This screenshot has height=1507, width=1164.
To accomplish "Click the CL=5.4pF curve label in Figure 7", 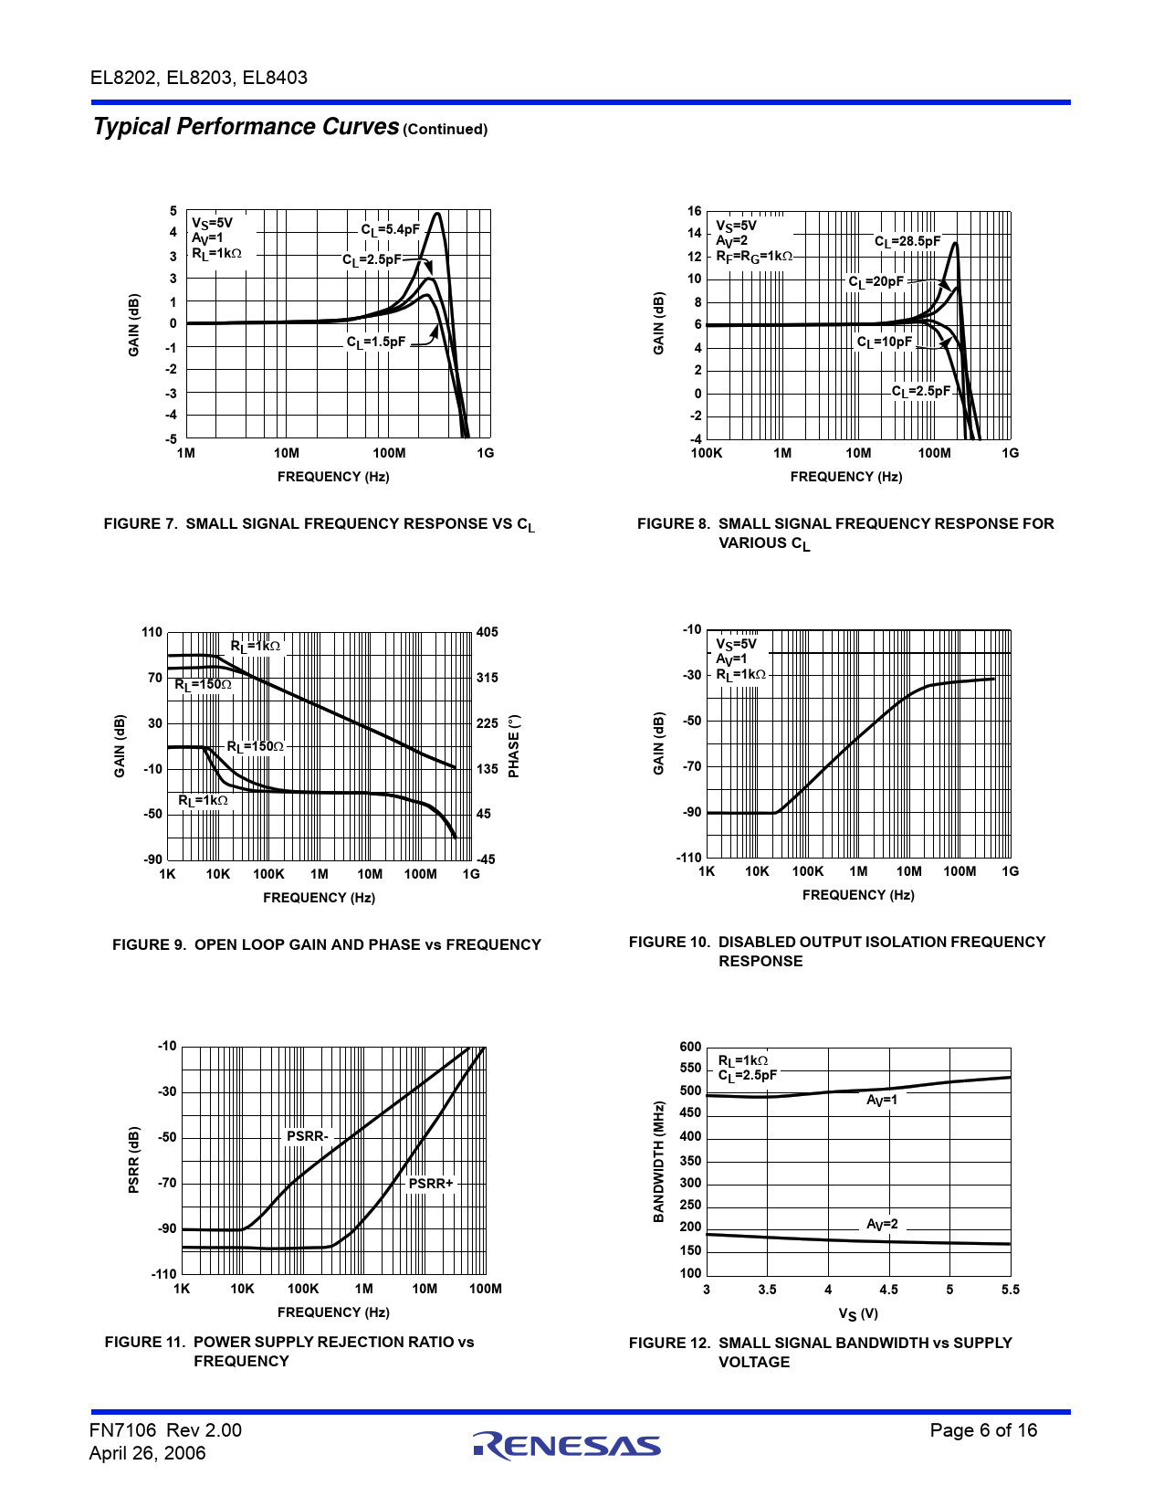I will pyautogui.click(x=390, y=230).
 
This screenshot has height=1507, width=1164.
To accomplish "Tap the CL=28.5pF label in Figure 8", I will pyautogui.click(x=907, y=242).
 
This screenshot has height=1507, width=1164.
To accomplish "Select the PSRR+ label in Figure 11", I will pyautogui.click(x=430, y=1184).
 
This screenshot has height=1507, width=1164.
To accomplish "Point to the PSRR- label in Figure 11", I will pyautogui.click(x=307, y=1136).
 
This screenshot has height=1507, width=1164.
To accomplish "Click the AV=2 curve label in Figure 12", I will pyautogui.click(x=882, y=1225).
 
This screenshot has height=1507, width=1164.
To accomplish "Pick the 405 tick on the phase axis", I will pyautogui.click(x=488, y=632).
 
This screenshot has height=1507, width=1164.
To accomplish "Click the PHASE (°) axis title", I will pyautogui.click(x=514, y=746).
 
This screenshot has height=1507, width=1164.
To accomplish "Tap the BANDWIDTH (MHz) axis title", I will pyautogui.click(x=658, y=1162).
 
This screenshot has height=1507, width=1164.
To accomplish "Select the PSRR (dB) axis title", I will pyautogui.click(x=134, y=1160).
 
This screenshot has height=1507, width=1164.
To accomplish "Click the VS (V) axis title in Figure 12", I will pyautogui.click(x=858, y=1314).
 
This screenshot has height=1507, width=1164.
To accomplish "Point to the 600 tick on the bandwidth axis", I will pyautogui.click(x=690, y=1047).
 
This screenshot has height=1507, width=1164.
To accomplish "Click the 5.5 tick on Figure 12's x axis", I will pyautogui.click(x=1010, y=1290).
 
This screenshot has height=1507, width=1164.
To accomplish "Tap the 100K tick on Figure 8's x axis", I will pyautogui.click(x=707, y=453).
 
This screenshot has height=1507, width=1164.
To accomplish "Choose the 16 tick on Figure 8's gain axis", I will pyautogui.click(x=695, y=211).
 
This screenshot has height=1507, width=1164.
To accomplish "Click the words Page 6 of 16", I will pyautogui.click(x=983, y=1430).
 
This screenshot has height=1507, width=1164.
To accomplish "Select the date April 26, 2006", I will pyautogui.click(x=147, y=1453).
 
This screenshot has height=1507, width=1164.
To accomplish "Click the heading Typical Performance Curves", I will pyautogui.click(x=246, y=127).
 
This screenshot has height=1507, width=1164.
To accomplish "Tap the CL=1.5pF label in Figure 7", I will pyautogui.click(x=375, y=342).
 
